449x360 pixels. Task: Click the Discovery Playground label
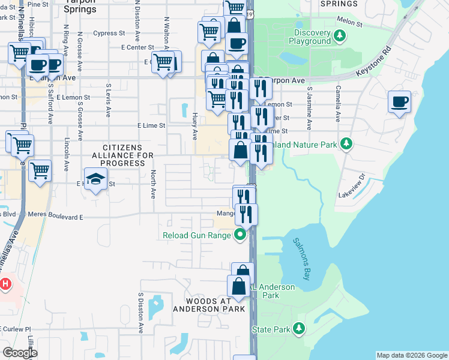[x=313, y=37]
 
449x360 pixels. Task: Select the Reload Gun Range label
[x=197, y=235]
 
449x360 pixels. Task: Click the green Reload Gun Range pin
[x=240, y=235]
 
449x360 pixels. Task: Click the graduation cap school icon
[x=95, y=179]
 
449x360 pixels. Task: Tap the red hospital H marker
[x=5, y=283]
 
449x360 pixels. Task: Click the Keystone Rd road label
[x=373, y=62]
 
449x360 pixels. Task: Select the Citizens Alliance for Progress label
[x=122, y=155]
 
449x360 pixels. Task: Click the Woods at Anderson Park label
[x=209, y=305]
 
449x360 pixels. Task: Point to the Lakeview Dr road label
[x=352, y=186]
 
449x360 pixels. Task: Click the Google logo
[x=19, y=352]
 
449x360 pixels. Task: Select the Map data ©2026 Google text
[x=412, y=355]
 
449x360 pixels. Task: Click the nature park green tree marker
[x=346, y=144]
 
